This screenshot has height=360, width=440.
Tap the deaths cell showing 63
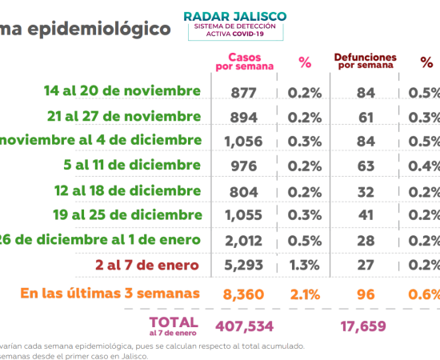click(x=366, y=166)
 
